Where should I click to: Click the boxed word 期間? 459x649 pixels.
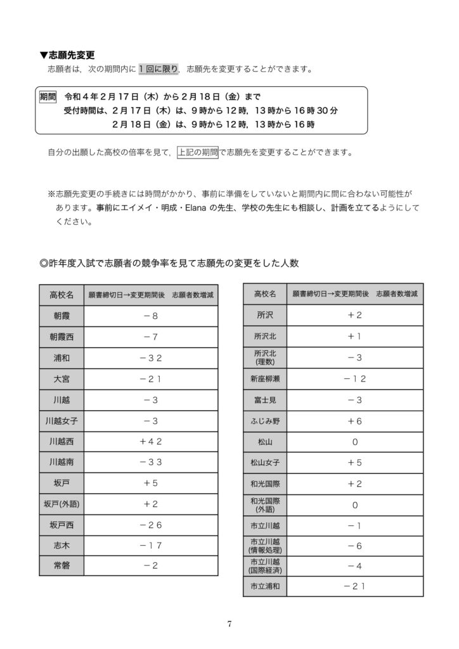(x=48, y=97)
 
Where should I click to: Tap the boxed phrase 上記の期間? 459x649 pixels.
(x=197, y=152)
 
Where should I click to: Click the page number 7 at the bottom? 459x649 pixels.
(x=229, y=624)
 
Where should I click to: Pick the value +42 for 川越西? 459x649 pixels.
(x=152, y=440)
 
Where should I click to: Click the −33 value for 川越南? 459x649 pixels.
(x=152, y=461)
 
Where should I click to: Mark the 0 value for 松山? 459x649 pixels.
(x=354, y=441)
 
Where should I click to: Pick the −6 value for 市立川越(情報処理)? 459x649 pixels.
(x=354, y=545)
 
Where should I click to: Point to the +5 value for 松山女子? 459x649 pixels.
(x=354, y=462)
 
